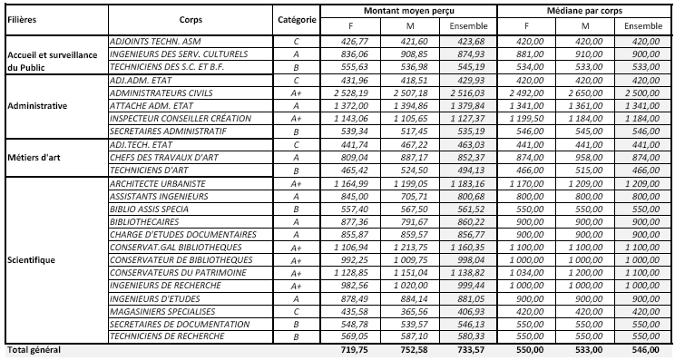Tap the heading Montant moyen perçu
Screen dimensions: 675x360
[410, 9]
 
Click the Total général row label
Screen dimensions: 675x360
[32, 350]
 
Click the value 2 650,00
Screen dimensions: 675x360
[583, 92]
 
